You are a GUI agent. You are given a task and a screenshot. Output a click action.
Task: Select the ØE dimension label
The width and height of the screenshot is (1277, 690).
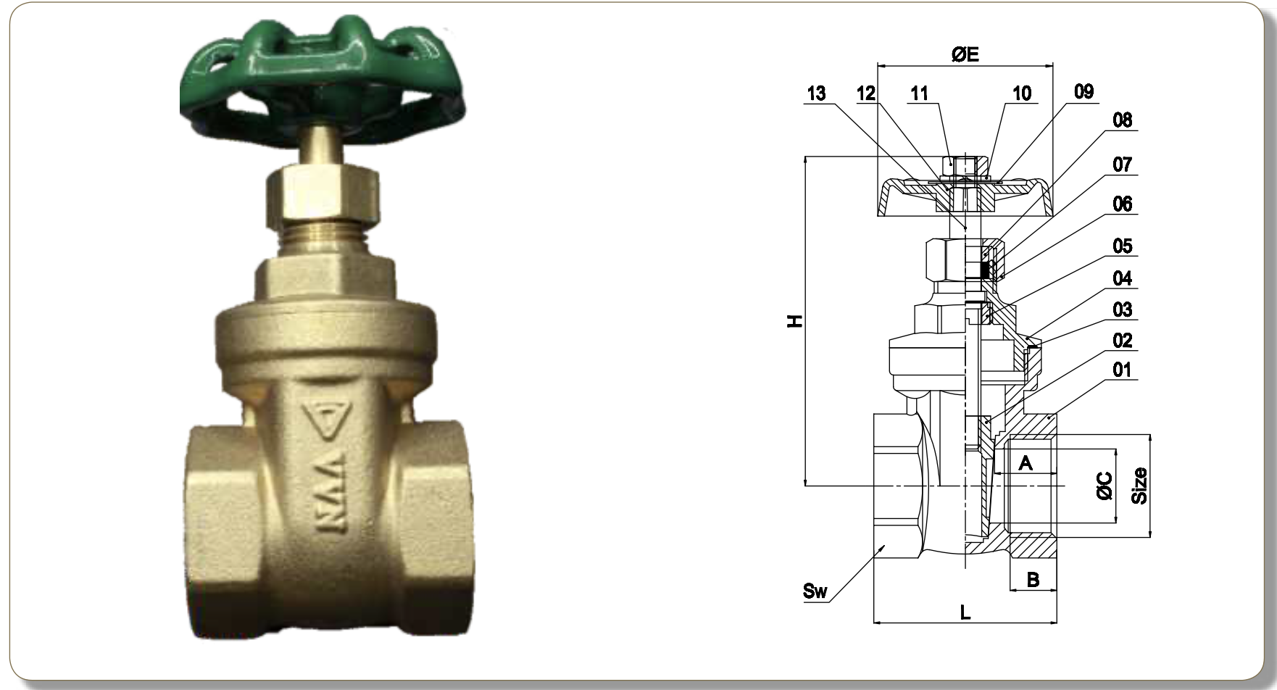pyautogui.click(x=965, y=54)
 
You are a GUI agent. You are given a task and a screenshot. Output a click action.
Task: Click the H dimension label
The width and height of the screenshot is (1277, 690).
pyautogui.click(x=796, y=320)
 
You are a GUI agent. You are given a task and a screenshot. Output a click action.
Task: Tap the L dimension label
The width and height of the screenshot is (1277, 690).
pyautogui.click(x=965, y=612)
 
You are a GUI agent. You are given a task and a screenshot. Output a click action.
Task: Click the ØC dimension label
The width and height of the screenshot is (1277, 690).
pyautogui.click(x=1105, y=486)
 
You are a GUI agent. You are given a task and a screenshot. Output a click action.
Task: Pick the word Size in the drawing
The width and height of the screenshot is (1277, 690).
pyautogui.click(x=1140, y=486)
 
